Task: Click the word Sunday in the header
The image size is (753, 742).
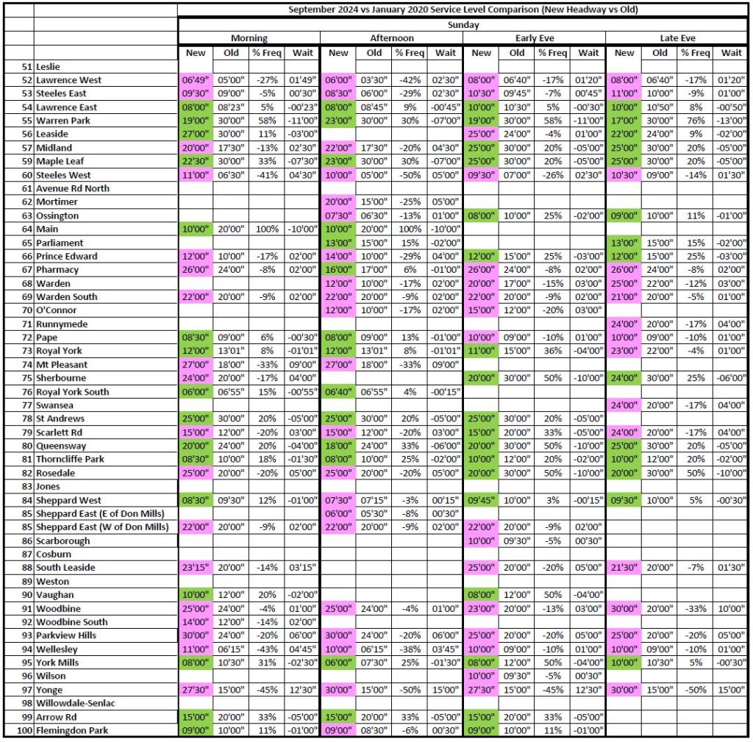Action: pyautogui.click(x=463, y=24)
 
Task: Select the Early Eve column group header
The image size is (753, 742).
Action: pyautogui.click(x=534, y=38)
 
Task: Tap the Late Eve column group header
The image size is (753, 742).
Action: pyautogui.click(x=677, y=38)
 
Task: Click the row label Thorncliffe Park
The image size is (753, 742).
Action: pyautogui.click(x=71, y=459)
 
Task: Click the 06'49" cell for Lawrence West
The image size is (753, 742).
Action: pyautogui.click(x=196, y=79)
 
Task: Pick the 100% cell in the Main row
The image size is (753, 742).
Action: pyautogui.click(x=266, y=229)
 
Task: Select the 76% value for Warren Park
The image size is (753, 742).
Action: pyautogui.click(x=695, y=121)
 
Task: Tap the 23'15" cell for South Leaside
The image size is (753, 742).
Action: pyautogui.click(x=196, y=568)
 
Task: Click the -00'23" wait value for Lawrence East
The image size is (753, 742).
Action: pyautogui.click(x=302, y=107)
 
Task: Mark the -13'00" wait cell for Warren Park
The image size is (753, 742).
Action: pyautogui.click(x=731, y=121)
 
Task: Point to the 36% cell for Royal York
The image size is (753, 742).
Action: pyautogui.click(x=552, y=351)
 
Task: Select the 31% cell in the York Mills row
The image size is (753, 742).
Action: pyautogui.click(x=266, y=663)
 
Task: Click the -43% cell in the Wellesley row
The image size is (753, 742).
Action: pyautogui.click(x=266, y=649)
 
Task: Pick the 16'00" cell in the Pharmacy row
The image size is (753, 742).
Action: pyautogui.click(x=338, y=270)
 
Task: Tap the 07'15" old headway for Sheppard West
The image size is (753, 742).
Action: pyautogui.click(x=374, y=500)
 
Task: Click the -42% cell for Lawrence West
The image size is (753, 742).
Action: pyautogui.click(x=409, y=79)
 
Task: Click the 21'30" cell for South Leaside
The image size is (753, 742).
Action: pyautogui.click(x=624, y=568)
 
